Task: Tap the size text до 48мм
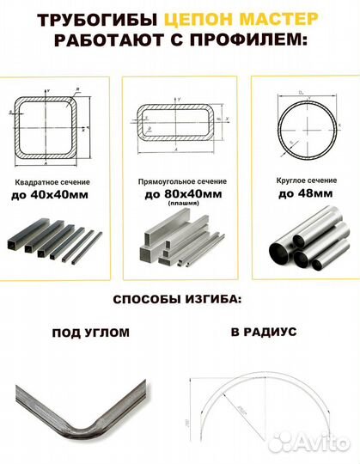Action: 300,195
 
